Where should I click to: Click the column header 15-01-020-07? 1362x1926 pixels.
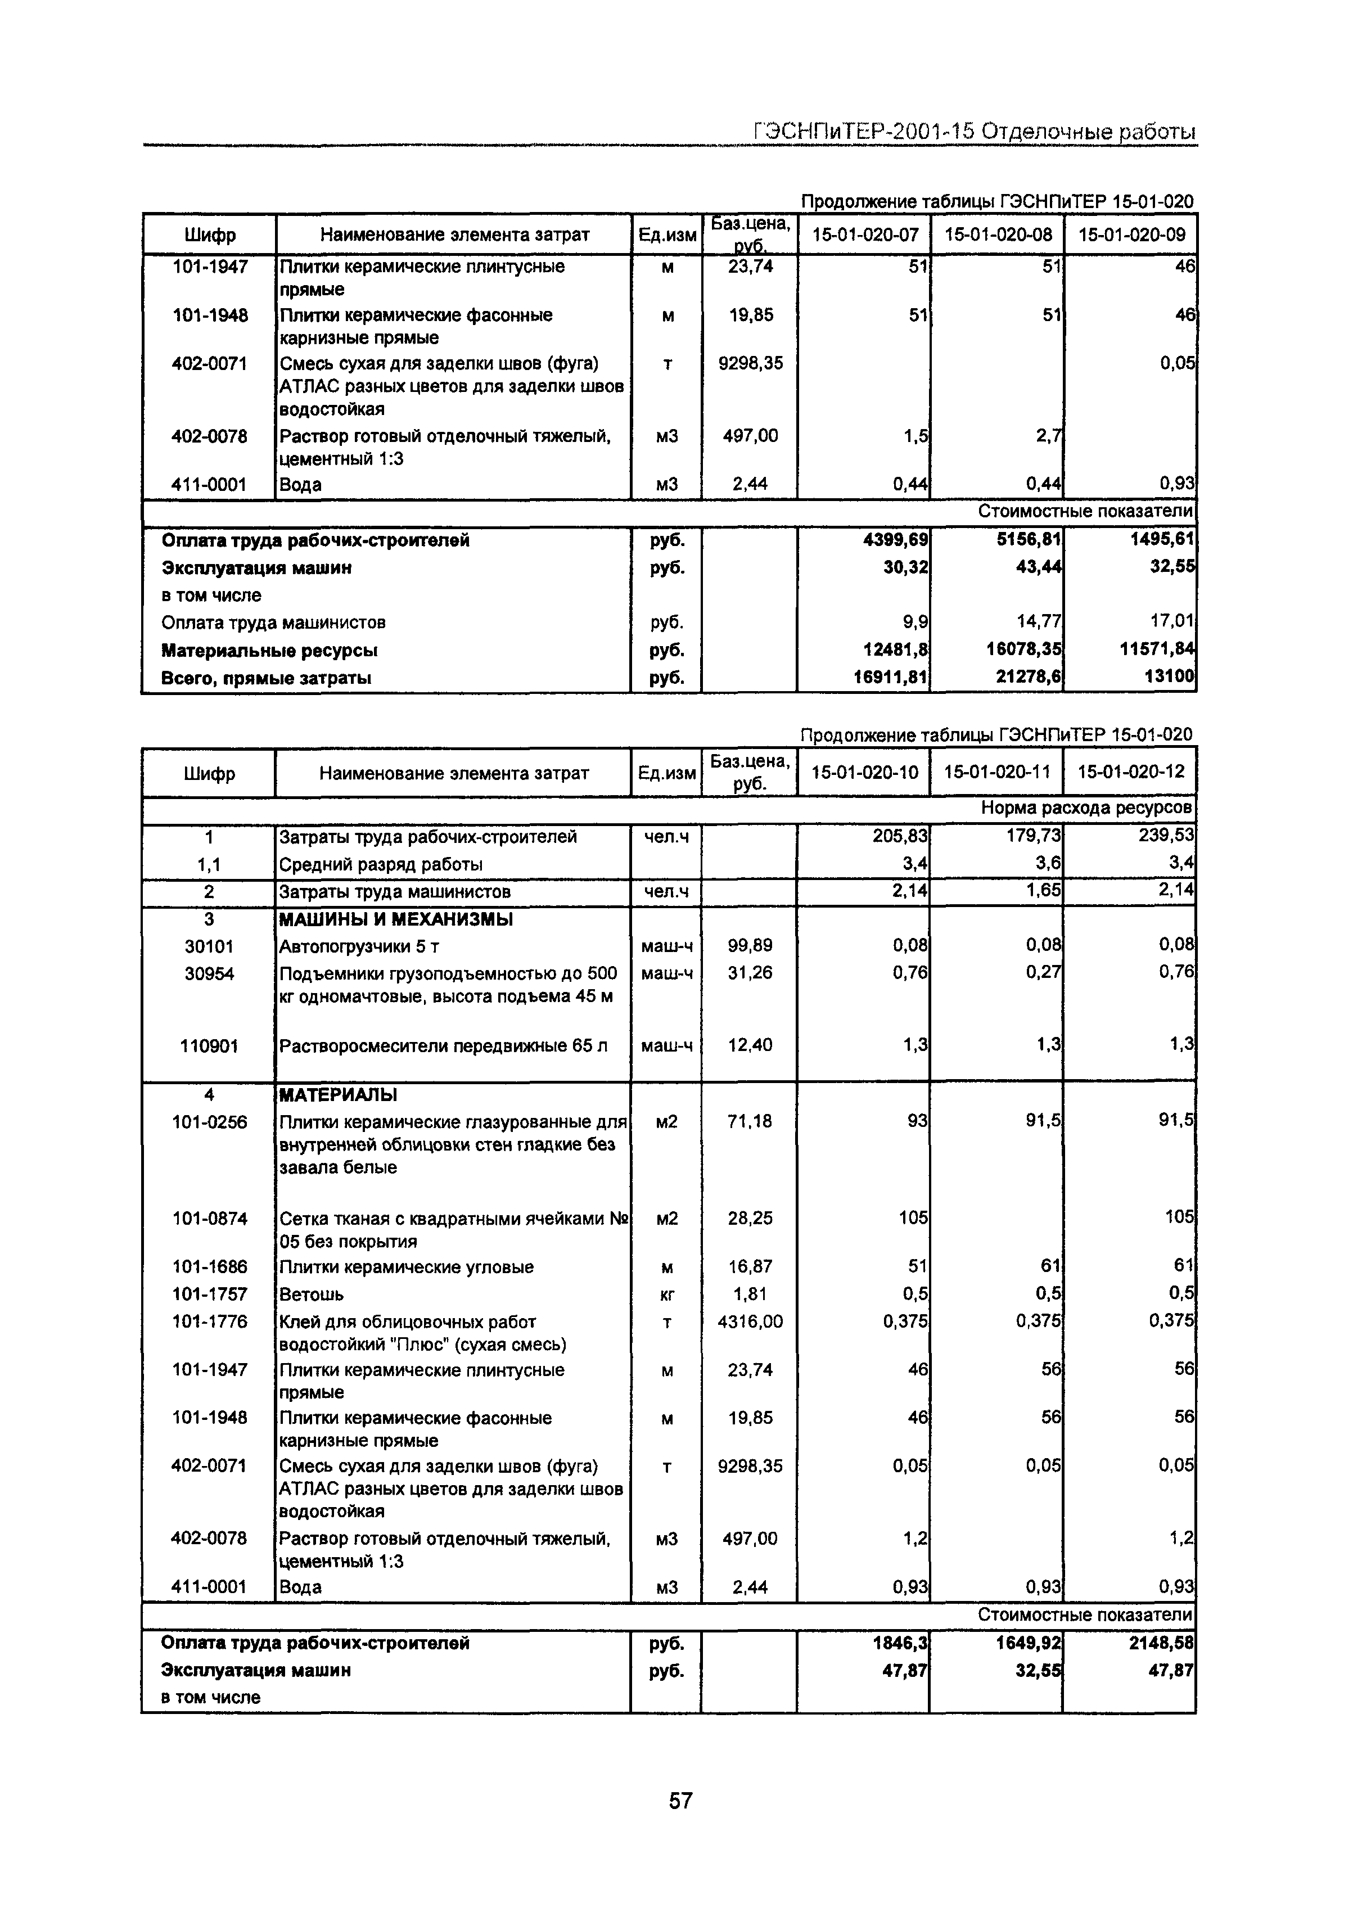pos(865,235)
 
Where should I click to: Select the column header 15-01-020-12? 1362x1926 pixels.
pos(1130,772)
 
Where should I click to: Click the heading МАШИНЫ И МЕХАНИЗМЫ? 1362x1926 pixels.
pos(395,919)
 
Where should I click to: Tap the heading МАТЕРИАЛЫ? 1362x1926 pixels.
pos(338,1095)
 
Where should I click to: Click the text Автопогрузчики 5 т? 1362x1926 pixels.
pos(359,947)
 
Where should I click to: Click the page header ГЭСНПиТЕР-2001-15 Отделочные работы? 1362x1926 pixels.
pos(973,132)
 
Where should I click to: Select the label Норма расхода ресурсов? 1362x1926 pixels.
pos(1087,808)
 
